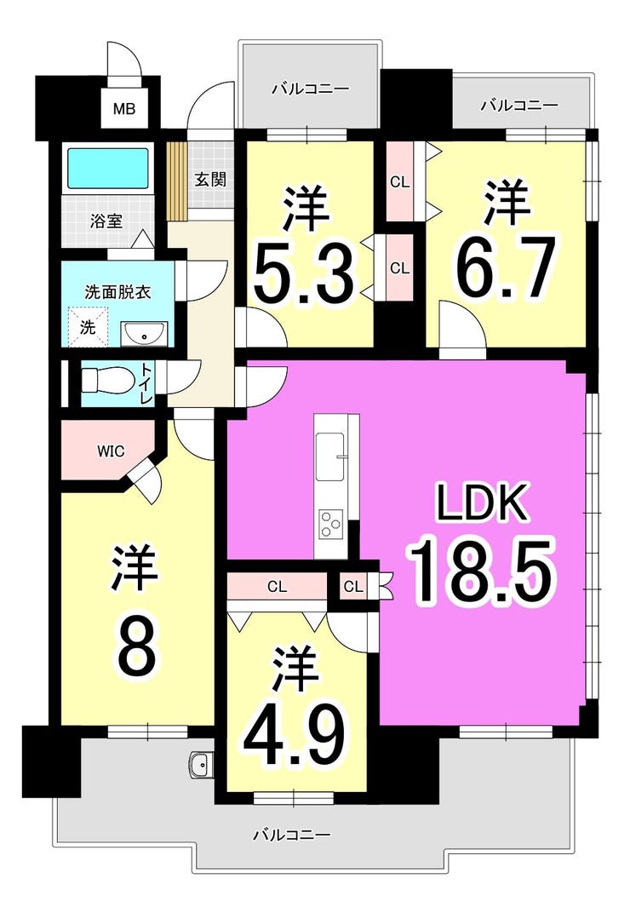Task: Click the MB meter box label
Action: pos(125,110)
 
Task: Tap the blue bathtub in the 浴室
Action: pos(108,169)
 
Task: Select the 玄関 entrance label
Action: pos(209,180)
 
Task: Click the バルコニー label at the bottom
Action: pos(291,835)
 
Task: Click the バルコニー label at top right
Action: pos(519,106)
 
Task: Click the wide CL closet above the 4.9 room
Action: pos(277,586)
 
